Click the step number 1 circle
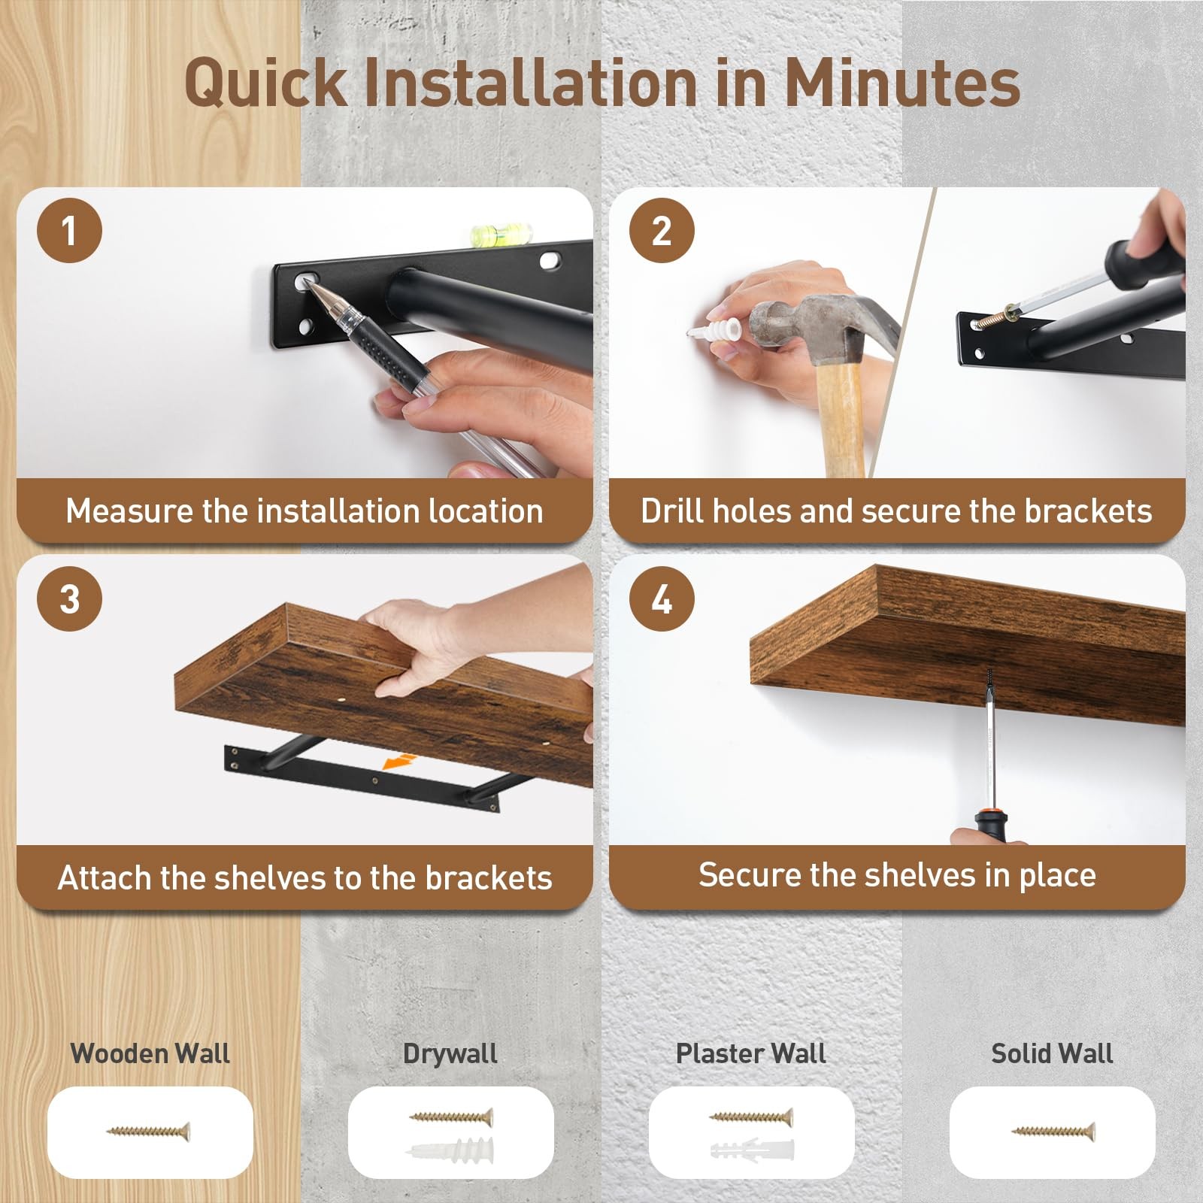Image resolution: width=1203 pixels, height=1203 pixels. pyautogui.click(x=69, y=230)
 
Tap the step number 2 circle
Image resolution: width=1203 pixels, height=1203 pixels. pyautogui.click(x=662, y=230)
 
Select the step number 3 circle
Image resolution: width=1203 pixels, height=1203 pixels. pyautogui.click(x=69, y=599)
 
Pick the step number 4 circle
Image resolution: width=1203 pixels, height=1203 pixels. pyautogui.click(x=662, y=599)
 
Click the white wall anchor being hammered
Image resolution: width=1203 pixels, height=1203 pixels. pyautogui.click(x=717, y=330)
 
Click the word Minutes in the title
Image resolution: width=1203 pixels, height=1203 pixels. pyautogui.click(x=901, y=83)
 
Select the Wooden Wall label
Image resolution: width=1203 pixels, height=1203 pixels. pyautogui.click(x=150, y=1053)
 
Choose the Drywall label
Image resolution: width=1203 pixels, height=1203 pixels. pyautogui.click(x=450, y=1053)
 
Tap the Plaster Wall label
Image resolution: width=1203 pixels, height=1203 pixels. pyautogui.click(x=750, y=1053)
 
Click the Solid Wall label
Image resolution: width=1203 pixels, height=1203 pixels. pyautogui.click(x=1051, y=1053)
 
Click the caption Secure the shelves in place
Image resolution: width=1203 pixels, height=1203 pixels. pyautogui.click(x=897, y=875)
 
